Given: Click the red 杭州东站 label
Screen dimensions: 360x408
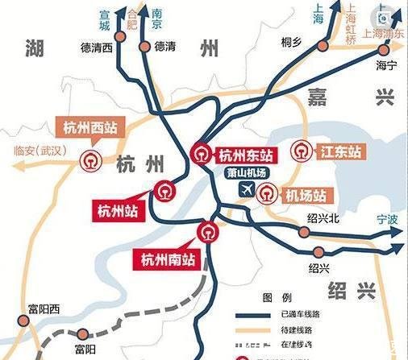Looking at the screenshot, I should [x=246, y=154].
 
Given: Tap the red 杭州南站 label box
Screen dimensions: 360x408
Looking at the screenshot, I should [x=166, y=259].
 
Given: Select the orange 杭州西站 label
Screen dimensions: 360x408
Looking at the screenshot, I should [x=91, y=129].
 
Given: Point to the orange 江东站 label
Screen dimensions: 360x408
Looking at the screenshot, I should [x=337, y=151].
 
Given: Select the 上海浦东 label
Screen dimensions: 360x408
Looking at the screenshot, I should [x=383, y=35].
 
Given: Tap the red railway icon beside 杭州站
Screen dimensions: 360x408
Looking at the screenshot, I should [x=164, y=192].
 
